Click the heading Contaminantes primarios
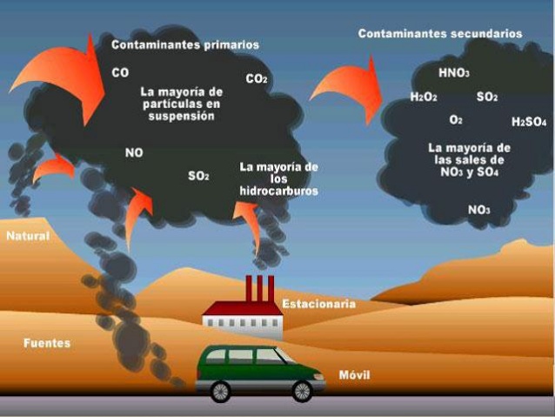tap(184, 44)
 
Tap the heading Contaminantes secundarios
tap(440, 34)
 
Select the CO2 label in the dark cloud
tap(257, 79)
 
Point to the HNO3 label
tap(453, 73)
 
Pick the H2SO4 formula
tap(528, 122)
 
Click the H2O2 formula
tap(423, 97)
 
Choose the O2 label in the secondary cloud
tap(456, 119)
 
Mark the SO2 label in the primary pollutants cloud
tap(199, 176)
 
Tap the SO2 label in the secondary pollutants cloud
tap(487, 97)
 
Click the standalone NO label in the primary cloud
tap(134, 152)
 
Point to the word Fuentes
tap(47, 343)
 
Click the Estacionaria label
tap(318, 304)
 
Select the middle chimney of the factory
tap(259, 287)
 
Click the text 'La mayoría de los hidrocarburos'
tap(278, 178)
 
